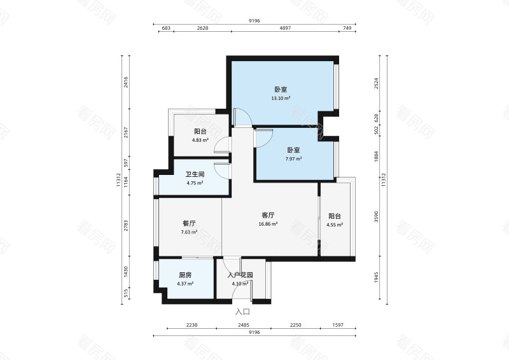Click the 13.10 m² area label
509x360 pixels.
(x=281, y=99)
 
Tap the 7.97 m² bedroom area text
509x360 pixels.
(x=293, y=159)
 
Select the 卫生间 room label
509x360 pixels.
(x=195, y=174)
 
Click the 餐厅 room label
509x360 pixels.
(x=189, y=223)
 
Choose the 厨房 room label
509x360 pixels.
(x=185, y=275)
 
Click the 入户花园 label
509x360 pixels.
(x=241, y=275)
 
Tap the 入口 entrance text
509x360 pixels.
(x=242, y=312)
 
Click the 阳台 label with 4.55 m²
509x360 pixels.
(x=335, y=216)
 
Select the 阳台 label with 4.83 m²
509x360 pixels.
(x=201, y=131)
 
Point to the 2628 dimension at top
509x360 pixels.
(x=203, y=29)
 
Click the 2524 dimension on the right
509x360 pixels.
(x=376, y=83)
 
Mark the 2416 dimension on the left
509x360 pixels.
(x=126, y=82)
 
